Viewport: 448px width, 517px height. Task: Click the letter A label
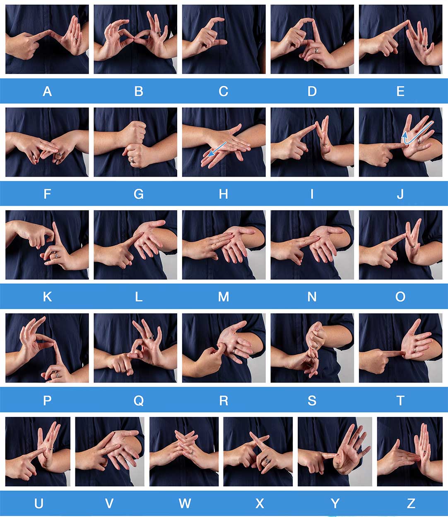point(47,91)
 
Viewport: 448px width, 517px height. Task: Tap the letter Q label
point(138,401)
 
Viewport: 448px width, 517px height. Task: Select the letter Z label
point(411,503)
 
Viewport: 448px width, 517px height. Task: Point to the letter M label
point(223,297)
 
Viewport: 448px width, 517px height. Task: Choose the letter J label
point(400,194)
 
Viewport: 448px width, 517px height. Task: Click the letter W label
point(185,503)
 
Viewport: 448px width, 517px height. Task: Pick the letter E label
point(400,91)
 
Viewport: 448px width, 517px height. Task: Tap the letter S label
point(312,401)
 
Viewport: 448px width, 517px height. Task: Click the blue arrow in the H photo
point(217,149)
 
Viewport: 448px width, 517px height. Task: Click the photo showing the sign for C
point(224,39)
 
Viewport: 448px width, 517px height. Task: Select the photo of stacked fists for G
point(135,142)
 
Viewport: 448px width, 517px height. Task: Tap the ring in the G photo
point(132,160)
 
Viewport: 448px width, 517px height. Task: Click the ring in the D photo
point(317,51)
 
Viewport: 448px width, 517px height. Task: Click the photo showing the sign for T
point(401,348)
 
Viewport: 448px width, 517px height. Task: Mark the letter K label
point(47,297)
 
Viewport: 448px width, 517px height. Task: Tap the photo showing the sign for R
point(224,348)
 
